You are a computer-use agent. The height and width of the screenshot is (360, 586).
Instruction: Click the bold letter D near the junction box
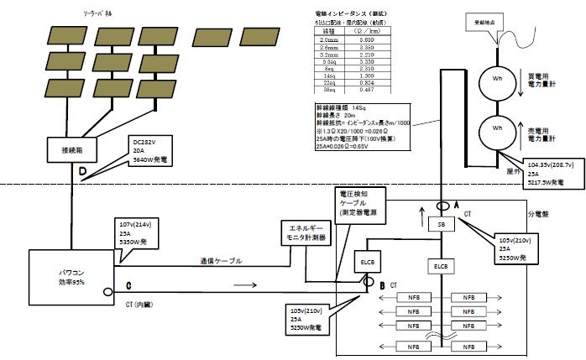click(x=82, y=173)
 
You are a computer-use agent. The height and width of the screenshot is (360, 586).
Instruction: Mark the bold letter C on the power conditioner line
click(x=129, y=284)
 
